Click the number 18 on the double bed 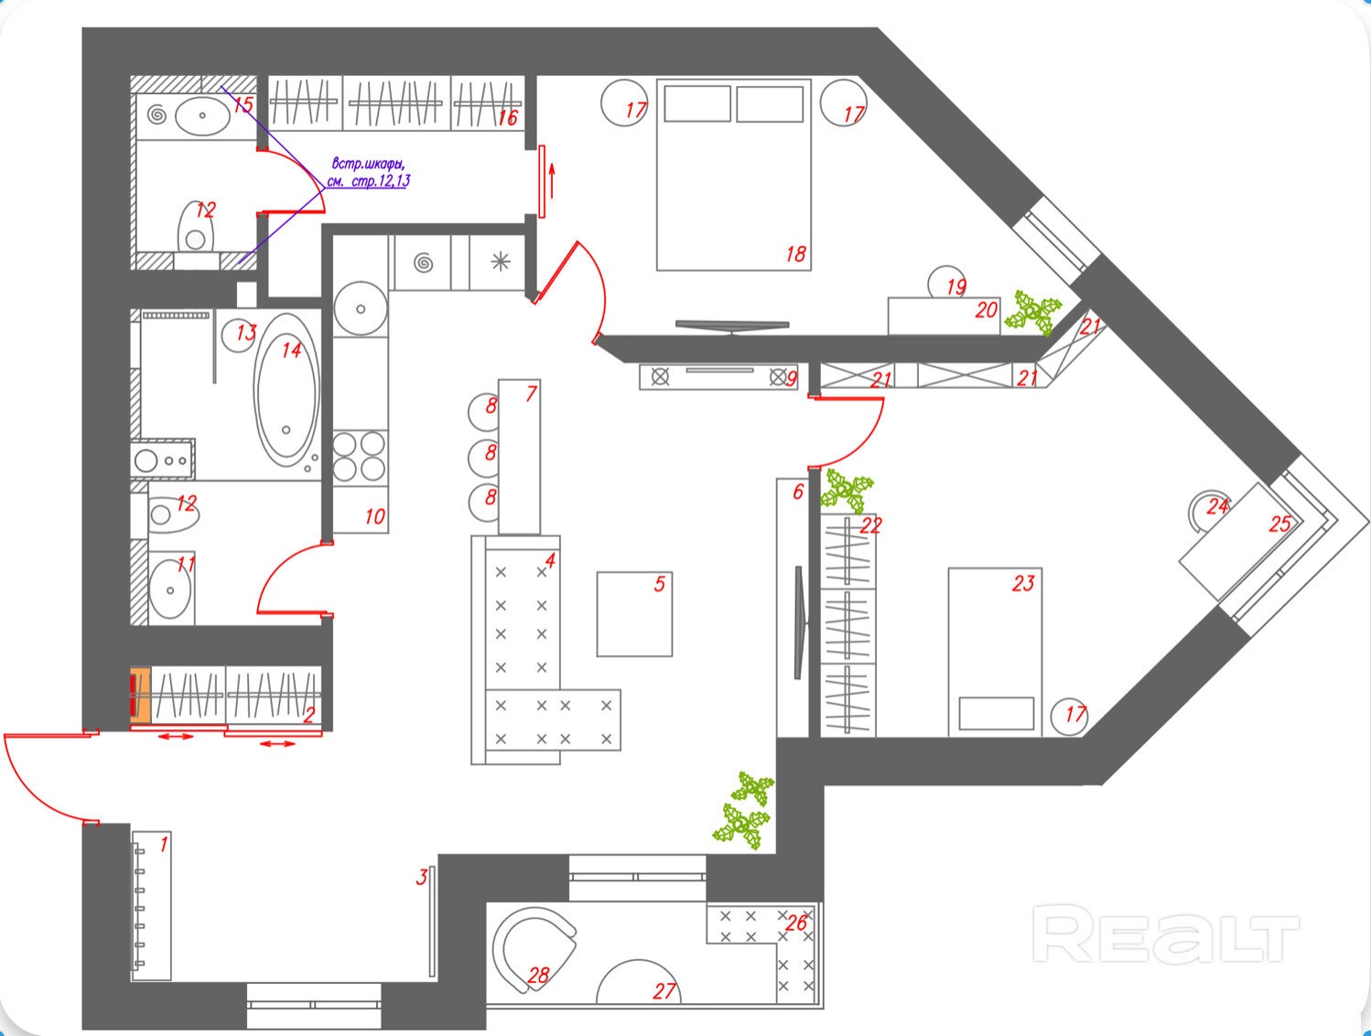795,254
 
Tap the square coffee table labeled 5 634,614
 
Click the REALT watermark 1165,933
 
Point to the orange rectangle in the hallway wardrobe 140,696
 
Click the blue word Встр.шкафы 368,164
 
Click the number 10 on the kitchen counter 374,517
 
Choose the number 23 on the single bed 1023,584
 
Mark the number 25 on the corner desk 1279,524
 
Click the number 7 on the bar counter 531,394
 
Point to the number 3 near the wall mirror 421,877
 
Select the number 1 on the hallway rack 164,844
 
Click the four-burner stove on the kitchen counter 359,457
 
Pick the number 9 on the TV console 792,378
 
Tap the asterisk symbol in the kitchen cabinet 500,263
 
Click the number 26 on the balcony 796,923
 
